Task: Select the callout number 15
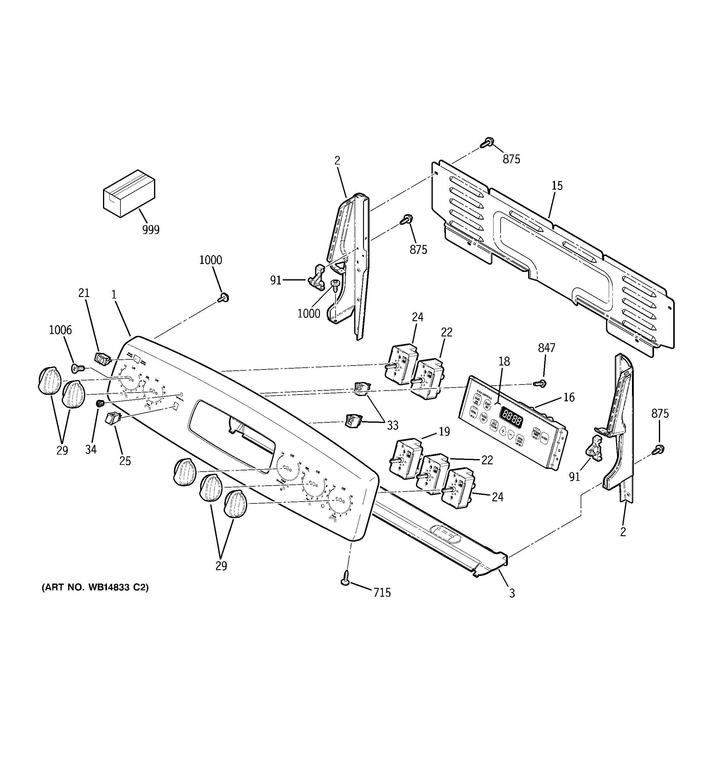pos(557,186)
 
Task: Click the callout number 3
pos(512,593)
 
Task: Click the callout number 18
pos(504,361)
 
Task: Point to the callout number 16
pos(568,397)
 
